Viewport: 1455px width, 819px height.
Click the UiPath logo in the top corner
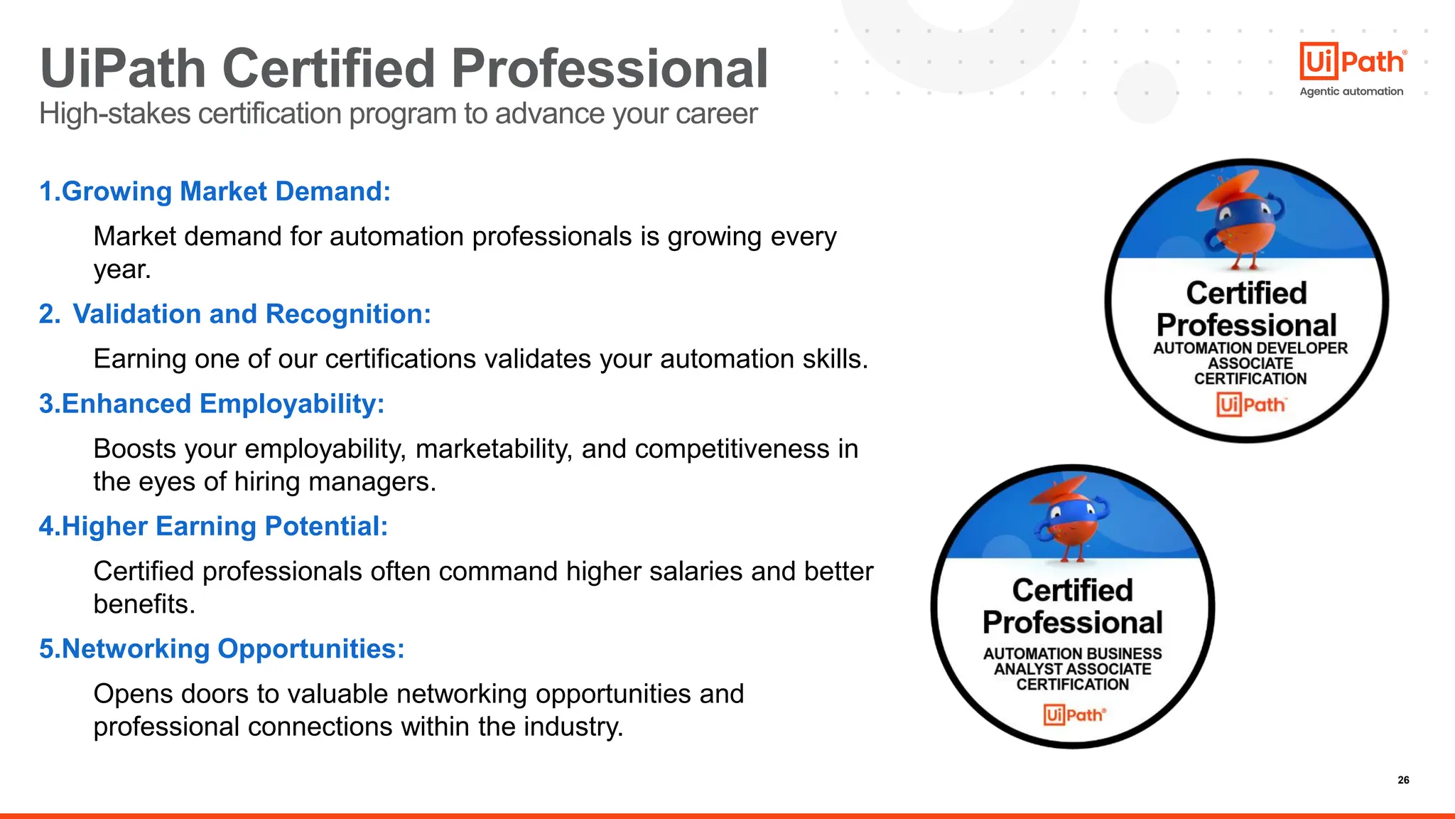click(1352, 62)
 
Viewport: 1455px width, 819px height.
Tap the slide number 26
click(1403, 780)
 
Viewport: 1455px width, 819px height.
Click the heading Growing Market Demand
click(215, 191)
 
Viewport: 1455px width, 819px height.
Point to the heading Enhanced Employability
click(212, 404)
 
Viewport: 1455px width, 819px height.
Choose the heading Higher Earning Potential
click(213, 526)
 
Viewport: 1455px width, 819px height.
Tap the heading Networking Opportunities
click(222, 648)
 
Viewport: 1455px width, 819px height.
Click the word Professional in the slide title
click(610, 69)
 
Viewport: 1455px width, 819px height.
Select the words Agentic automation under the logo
click(1351, 92)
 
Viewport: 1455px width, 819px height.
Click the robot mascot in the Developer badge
click(1240, 221)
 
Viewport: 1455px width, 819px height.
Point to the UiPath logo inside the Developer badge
click(1250, 405)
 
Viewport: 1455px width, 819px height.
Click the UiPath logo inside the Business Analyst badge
click(1074, 714)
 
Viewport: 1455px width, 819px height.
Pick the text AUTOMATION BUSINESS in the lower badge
click(1072, 653)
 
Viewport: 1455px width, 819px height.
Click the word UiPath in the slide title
click(123, 69)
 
